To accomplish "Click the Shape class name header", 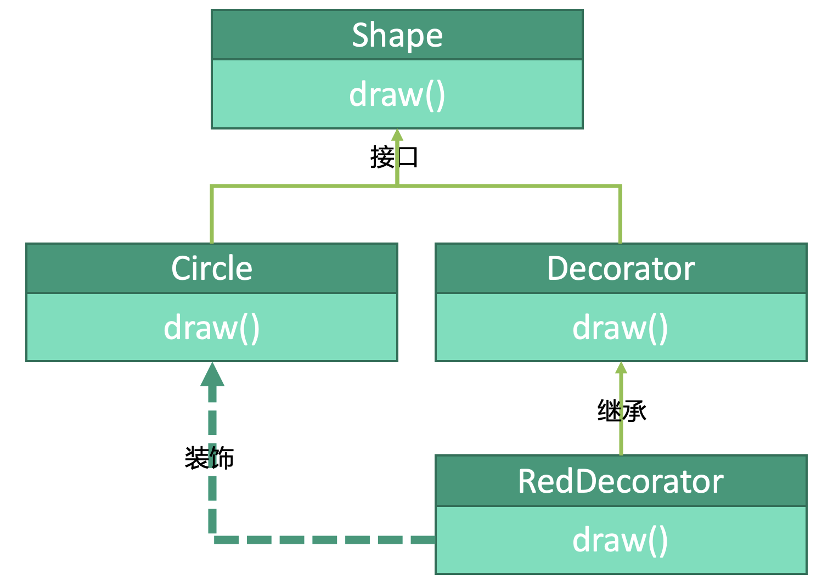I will tap(397, 35).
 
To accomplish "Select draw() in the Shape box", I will tap(397, 94).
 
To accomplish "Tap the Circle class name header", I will tap(212, 268).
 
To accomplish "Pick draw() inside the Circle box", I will tap(212, 328).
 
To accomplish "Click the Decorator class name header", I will tap(621, 268).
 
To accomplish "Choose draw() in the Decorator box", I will tap(621, 328).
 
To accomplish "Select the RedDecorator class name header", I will tap(621, 481).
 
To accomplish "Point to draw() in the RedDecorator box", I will tap(621, 540).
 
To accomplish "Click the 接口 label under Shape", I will tap(394, 157).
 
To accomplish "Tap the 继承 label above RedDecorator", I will tap(622, 410).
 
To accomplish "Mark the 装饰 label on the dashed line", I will tap(209, 458).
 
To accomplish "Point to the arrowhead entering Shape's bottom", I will tap(397, 135).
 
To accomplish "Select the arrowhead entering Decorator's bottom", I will tap(621, 368).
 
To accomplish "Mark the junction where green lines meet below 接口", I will tap(397, 187).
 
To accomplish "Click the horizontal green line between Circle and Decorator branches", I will tap(510, 187).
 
